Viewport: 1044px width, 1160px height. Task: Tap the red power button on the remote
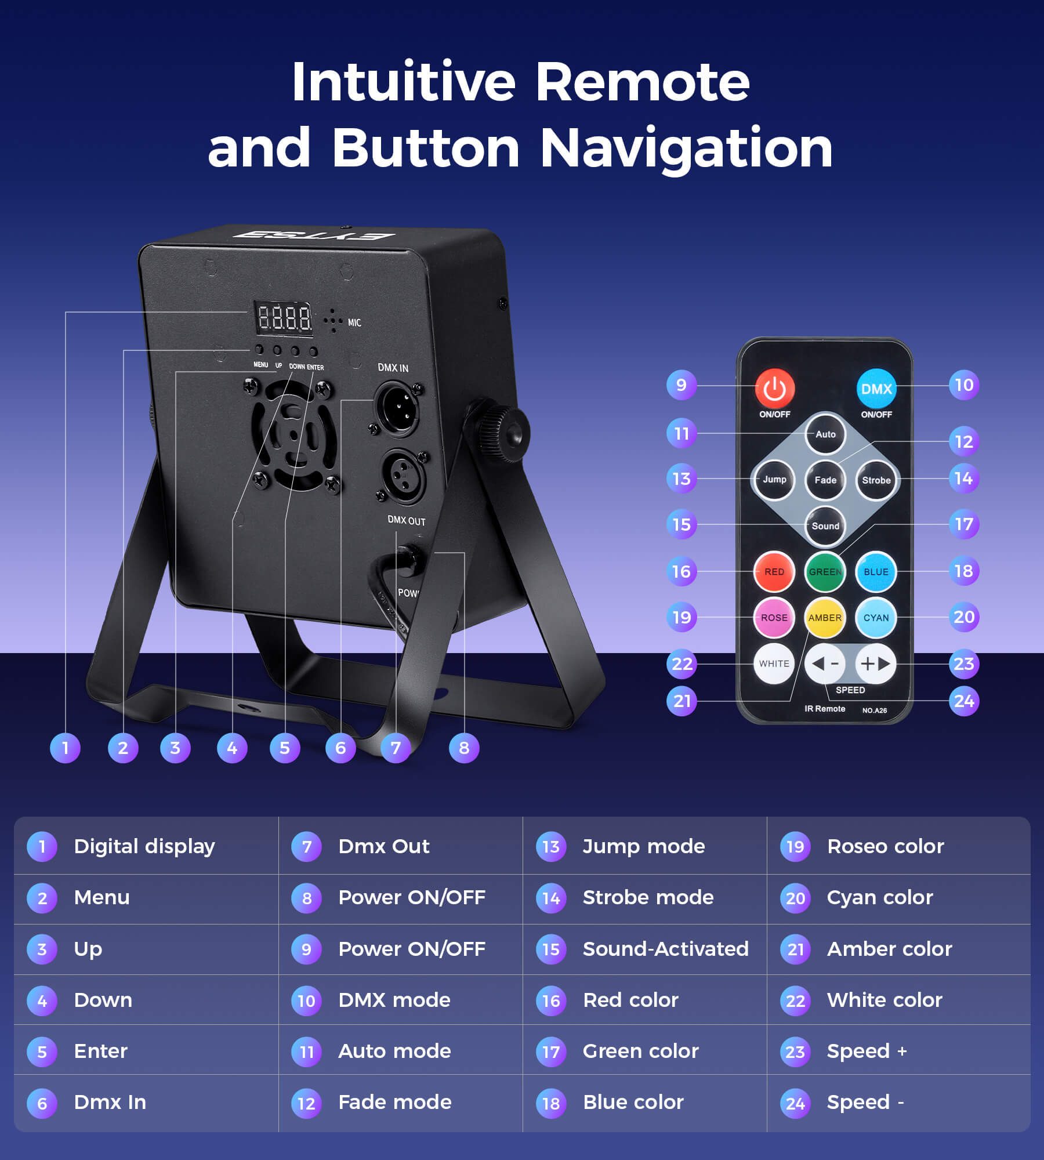(x=774, y=389)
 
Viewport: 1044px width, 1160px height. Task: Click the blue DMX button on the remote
(x=876, y=389)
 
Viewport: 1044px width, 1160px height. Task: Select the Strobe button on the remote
(x=876, y=480)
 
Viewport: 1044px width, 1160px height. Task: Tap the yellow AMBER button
(x=825, y=618)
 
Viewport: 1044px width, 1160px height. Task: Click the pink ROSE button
(x=774, y=618)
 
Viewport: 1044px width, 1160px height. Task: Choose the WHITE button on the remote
(x=774, y=664)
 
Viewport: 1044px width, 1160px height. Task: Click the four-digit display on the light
(x=284, y=318)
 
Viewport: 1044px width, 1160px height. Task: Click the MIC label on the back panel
(x=354, y=322)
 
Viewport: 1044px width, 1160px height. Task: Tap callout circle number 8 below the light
(x=464, y=748)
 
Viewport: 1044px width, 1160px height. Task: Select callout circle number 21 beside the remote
(x=681, y=701)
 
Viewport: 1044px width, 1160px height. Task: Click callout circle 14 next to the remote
(x=964, y=478)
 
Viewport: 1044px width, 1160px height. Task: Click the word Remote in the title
(x=643, y=82)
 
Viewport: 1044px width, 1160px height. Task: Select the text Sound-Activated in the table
(x=665, y=949)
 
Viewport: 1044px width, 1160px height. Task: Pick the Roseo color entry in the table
(x=885, y=846)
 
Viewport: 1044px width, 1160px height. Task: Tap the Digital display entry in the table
(x=144, y=847)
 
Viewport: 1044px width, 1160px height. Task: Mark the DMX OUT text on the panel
(x=407, y=520)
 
